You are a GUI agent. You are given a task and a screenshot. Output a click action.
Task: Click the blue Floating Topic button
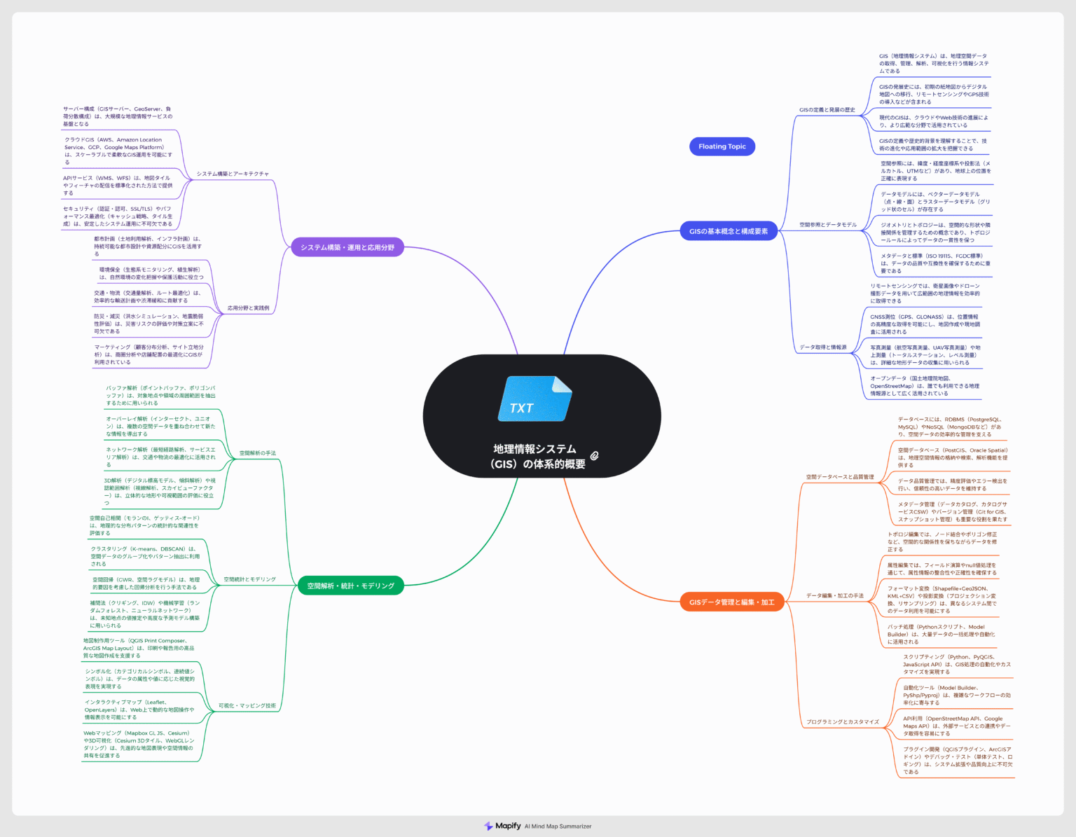coord(722,146)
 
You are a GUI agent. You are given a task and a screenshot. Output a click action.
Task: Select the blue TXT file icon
coord(534,399)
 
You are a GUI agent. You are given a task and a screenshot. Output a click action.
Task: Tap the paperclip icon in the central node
coord(594,455)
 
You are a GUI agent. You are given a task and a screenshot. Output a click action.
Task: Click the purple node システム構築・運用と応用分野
coord(347,247)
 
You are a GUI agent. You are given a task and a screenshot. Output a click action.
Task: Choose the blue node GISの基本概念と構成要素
coord(729,231)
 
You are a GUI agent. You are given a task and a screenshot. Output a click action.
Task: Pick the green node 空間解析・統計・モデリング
coord(350,586)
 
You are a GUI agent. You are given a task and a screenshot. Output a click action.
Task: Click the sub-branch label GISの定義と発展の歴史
coord(827,110)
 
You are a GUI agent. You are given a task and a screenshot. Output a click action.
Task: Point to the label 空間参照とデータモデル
coord(827,225)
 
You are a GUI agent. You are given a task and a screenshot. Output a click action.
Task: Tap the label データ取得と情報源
coord(822,347)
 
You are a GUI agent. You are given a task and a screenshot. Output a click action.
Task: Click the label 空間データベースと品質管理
coord(839,477)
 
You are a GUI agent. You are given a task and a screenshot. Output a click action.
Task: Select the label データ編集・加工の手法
coord(834,596)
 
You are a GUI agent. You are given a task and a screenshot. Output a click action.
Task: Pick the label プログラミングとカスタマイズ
coord(842,721)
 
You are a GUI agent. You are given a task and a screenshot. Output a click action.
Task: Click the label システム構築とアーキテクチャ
coord(233,174)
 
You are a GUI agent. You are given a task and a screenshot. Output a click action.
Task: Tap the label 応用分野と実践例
coord(248,308)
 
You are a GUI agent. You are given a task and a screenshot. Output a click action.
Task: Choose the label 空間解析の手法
coord(257,453)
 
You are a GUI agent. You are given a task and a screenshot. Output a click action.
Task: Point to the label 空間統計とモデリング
coord(249,579)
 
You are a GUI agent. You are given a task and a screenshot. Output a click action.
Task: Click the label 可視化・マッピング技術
coord(247,705)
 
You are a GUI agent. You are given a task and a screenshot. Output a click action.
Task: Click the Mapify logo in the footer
coord(503,826)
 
